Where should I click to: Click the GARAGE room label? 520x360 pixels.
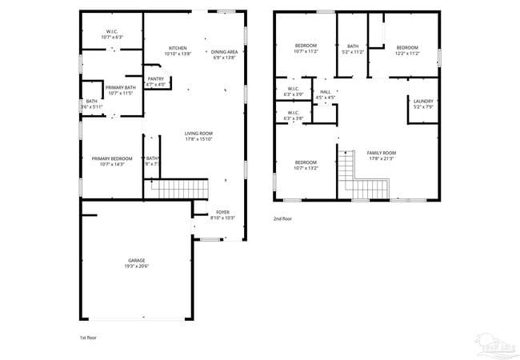(136, 263)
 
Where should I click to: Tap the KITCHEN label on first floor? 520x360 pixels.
(177, 50)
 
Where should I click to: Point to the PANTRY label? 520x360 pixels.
(155, 81)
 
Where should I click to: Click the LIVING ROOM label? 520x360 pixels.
(198, 137)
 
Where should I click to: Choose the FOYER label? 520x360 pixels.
(222, 214)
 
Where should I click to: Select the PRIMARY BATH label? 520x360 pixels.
(119, 89)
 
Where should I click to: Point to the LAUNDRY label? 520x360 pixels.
(423, 103)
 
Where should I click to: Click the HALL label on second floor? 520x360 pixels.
(326, 94)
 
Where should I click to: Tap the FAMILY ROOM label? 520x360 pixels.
(381, 155)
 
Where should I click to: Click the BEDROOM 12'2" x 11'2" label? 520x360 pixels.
(407, 50)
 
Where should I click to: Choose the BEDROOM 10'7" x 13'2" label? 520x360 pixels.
(306, 165)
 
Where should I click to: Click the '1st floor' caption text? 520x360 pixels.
(89, 338)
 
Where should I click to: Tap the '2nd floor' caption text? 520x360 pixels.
(283, 218)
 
